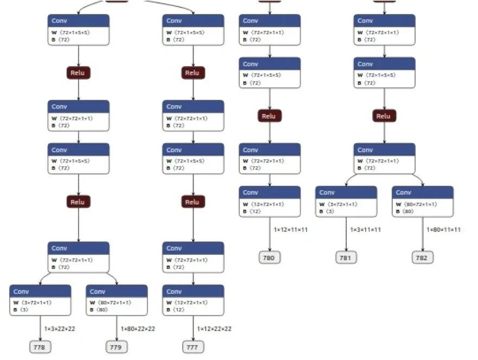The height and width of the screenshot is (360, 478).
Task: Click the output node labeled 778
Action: (x=40, y=347)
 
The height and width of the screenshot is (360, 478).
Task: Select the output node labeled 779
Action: (x=116, y=347)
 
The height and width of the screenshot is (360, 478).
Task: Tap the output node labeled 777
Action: (x=193, y=347)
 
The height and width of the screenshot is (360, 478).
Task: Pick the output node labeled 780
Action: (x=269, y=258)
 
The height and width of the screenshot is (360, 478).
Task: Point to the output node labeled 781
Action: (x=346, y=258)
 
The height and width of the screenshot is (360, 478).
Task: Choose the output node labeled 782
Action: (x=422, y=258)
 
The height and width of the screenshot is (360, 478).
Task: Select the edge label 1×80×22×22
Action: (x=138, y=329)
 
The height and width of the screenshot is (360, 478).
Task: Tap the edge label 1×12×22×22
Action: (x=215, y=329)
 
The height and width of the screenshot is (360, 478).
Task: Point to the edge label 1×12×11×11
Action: (x=291, y=229)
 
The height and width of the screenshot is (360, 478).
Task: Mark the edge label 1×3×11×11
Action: (x=365, y=229)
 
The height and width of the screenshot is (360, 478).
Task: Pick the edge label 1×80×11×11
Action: (x=444, y=229)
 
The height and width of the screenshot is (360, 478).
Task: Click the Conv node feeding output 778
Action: (x=40, y=300)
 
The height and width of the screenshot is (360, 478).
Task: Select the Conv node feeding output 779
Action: (x=117, y=300)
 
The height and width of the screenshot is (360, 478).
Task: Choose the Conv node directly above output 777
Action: (x=193, y=300)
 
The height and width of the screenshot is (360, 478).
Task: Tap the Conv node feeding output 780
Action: (x=270, y=201)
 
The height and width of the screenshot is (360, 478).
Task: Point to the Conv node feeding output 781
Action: (x=346, y=201)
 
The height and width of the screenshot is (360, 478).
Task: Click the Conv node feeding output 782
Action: (x=423, y=201)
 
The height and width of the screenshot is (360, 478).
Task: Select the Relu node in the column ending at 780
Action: (x=269, y=116)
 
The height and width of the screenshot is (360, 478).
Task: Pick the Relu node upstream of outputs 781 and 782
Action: (x=384, y=116)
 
